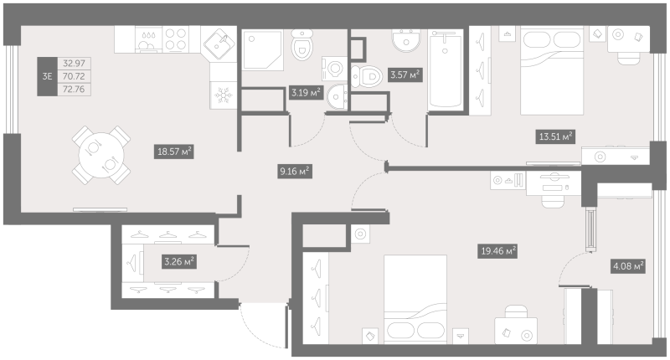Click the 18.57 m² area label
[x=175, y=152]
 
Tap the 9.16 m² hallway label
[x=295, y=172]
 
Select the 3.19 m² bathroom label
[x=305, y=91]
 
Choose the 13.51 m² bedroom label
[x=555, y=136]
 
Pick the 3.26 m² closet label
[x=178, y=262]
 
